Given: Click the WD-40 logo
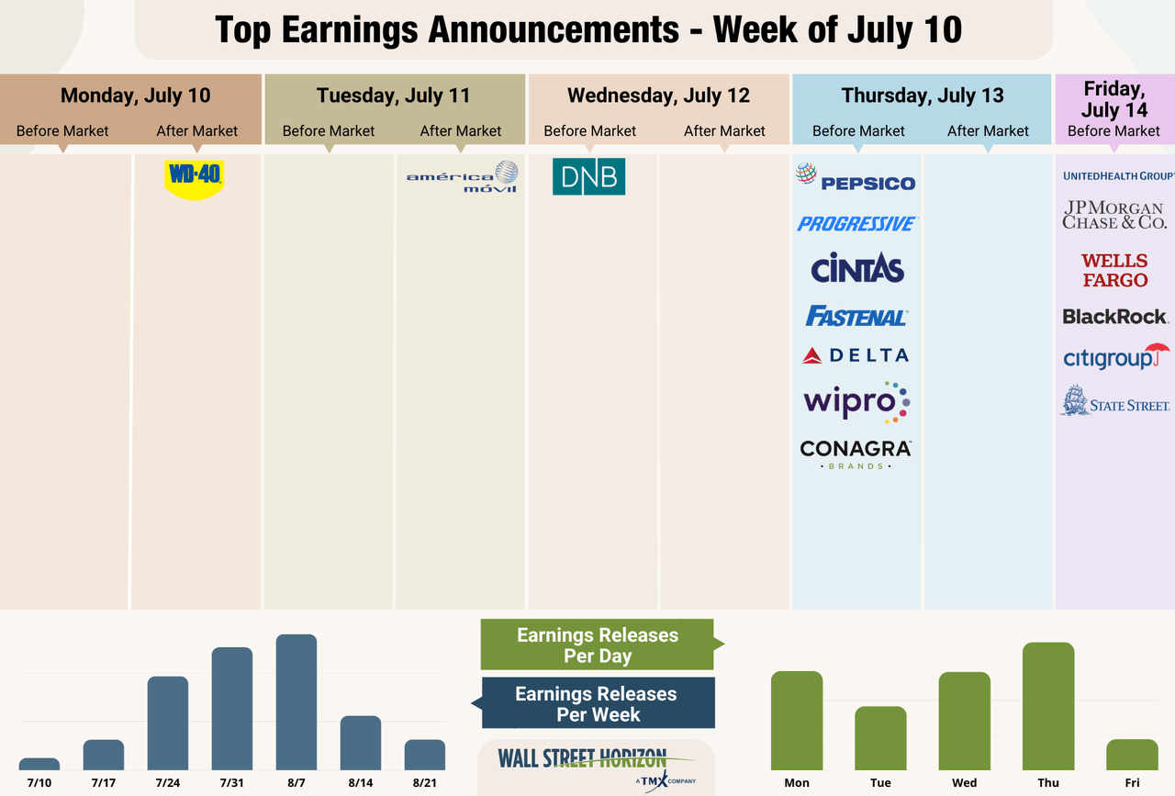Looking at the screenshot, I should pos(194,176).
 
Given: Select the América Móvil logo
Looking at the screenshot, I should pos(462,176).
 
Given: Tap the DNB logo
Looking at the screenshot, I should pos(588,176).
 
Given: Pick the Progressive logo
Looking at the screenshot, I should pos(856,223).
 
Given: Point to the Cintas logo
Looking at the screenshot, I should pos(857,268).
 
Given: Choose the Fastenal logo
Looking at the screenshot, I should pos(856,316).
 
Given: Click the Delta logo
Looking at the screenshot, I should pos(856,355).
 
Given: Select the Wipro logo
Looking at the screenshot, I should pos(856,402).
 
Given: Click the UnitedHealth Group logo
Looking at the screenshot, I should pos(1117,175).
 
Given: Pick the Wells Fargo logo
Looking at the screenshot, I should pos(1114,271).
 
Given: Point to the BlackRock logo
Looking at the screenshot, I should pos(1114,317).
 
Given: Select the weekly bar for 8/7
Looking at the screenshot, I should pos(297,702).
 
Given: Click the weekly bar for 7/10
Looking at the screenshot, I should pos(39,764).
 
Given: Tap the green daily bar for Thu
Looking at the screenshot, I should pos(1048,706).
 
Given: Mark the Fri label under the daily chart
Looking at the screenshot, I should pos(1132,782).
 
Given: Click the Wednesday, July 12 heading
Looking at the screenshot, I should pos(658,95).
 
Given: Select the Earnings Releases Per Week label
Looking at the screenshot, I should pos(597,704).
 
